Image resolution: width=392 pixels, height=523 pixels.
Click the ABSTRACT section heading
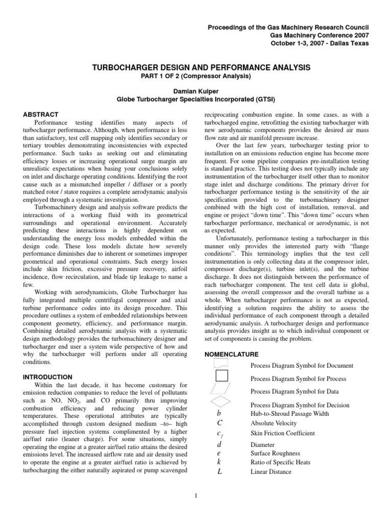pos(41,114)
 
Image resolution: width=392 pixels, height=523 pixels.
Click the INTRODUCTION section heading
pos(47,377)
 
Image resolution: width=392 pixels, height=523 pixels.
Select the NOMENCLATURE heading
pos(231,354)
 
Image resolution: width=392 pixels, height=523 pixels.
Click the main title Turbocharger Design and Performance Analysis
pos(196,67)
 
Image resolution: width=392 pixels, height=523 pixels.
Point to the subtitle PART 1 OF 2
pos(196,77)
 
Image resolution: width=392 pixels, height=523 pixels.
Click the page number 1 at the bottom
pos(196,494)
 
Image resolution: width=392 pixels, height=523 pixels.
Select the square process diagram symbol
pos(222,376)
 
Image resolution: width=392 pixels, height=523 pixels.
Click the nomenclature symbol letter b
pos(219,413)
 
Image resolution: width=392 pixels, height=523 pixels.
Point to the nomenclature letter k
pos(219,462)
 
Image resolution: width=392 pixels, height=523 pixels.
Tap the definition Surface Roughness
pos(275,453)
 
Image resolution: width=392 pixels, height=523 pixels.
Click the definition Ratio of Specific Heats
pos(280,463)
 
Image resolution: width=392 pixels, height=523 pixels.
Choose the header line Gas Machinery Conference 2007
pos(319,35)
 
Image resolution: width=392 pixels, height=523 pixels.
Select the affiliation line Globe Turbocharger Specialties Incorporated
pos(196,99)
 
